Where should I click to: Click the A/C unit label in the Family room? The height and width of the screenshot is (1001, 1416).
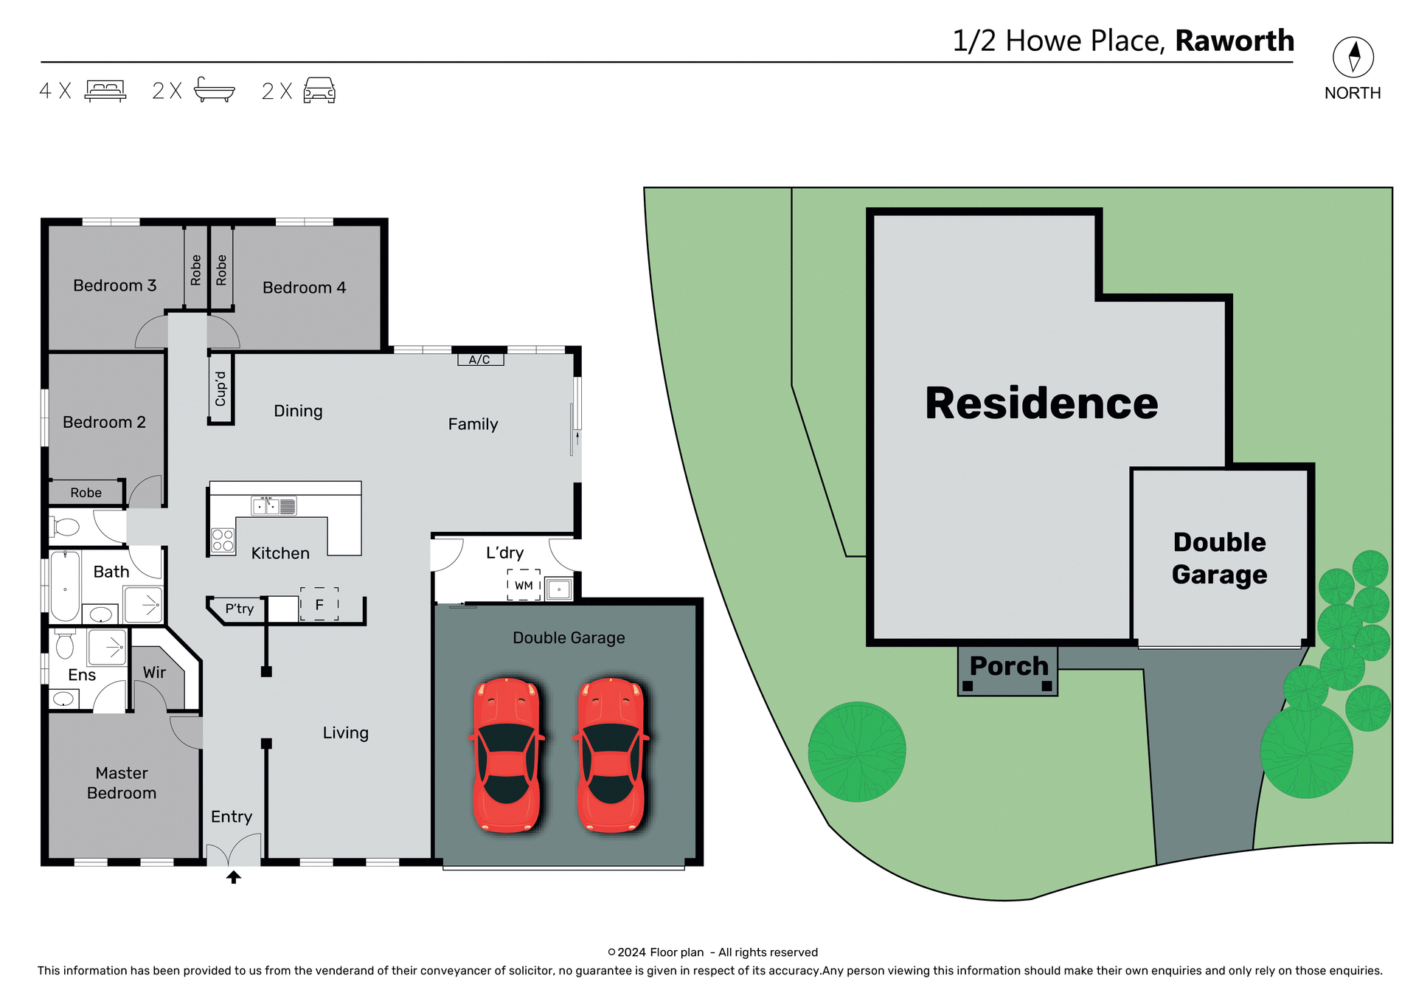[x=480, y=359]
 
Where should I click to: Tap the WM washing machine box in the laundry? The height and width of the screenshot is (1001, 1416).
[x=524, y=585]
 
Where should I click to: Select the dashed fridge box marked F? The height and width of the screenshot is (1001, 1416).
[x=319, y=604]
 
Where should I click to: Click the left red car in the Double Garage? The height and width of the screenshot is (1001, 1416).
[x=507, y=755]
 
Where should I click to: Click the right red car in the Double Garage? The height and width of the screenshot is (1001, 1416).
[x=611, y=755]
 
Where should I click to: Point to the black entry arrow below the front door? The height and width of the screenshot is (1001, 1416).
[x=234, y=877]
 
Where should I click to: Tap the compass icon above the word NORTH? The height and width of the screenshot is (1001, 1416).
[x=1353, y=57]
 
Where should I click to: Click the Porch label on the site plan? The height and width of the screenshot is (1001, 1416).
[x=1008, y=666]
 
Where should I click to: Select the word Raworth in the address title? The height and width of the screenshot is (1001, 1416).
[x=1235, y=41]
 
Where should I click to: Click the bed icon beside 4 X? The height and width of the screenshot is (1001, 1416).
[x=105, y=91]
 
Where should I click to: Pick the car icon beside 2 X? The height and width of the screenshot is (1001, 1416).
[x=319, y=90]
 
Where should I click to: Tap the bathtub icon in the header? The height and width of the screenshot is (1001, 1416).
[x=214, y=90]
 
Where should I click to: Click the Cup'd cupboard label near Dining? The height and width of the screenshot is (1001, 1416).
[x=221, y=389]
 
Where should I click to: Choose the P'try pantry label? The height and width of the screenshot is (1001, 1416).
[x=240, y=609]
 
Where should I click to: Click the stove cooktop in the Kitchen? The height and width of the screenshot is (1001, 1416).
[x=223, y=540]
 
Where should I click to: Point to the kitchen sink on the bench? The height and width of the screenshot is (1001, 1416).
[x=266, y=506]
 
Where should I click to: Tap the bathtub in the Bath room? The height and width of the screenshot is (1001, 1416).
[x=65, y=586]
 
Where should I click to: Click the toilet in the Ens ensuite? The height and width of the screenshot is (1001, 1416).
[x=65, y=645]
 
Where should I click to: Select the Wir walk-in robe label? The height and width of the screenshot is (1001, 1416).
[x=155, y=672]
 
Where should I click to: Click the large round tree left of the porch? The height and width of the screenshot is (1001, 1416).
[x=857, y=751]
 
